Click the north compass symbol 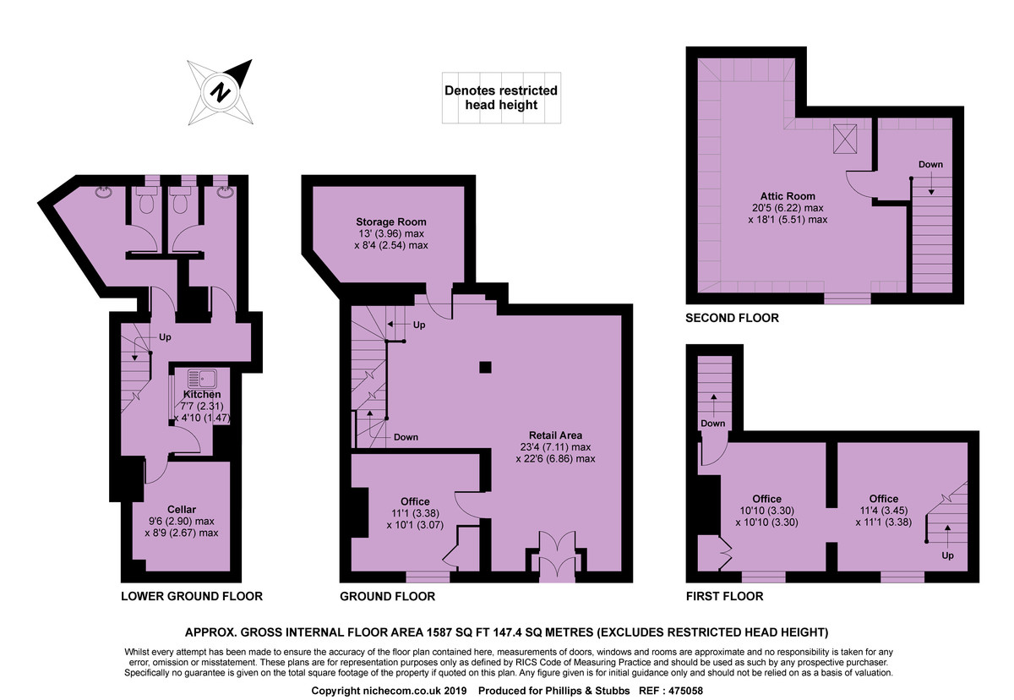pyautogui.click(x=221, y=90)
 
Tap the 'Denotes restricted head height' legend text pyautogui.click(x=500, y=97)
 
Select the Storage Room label pyautogui.click(x=390, y=222)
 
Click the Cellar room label pyautogui.click(x=181, y=510)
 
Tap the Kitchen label pyautogui.click(x=202, y=395)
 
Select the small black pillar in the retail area pyautogui.click(x=485, y=366)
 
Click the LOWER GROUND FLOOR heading pyautogui.click(x=192, y=596)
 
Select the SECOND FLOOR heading pyautogui.click(x=733, y=319)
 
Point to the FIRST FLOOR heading pyautogui.click(x=724, y=596)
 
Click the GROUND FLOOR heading pyautogui.click(x=387, y=596)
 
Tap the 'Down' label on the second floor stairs pyautogui.click(x=930, y=164)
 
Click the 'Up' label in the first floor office pyautogui.click(x=947, y=556)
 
